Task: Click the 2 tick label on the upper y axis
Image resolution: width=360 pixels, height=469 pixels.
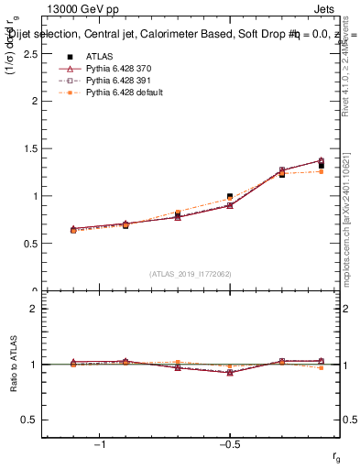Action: pyautogui.click(x=33, y=101)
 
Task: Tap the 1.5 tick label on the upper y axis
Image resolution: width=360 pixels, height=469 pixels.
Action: pyautogui.click(x=28, y=148)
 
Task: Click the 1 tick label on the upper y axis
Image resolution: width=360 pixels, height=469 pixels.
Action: pyautogui.click(x=33, y=196)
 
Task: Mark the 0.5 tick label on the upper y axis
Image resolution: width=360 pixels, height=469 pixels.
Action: pyautogui.click(x=28, y=244)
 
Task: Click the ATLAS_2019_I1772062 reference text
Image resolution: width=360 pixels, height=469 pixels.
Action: pyautogui.click(x=189, y=273)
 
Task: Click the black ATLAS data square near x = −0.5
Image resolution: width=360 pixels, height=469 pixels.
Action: pyautogui.click(x=230, y=197)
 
